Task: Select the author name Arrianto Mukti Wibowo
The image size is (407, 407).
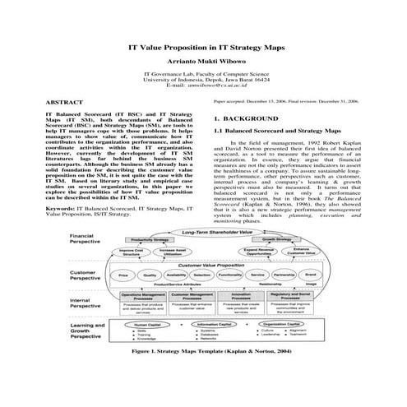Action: [203, 62]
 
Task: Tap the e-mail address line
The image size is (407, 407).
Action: [203, 86]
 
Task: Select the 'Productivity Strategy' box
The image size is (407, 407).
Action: [145, 241]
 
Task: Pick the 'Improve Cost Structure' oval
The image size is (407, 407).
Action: [132, 252]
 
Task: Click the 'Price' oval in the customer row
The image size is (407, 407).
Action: [123, 275]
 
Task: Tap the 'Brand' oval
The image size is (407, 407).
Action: [311, 275]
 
